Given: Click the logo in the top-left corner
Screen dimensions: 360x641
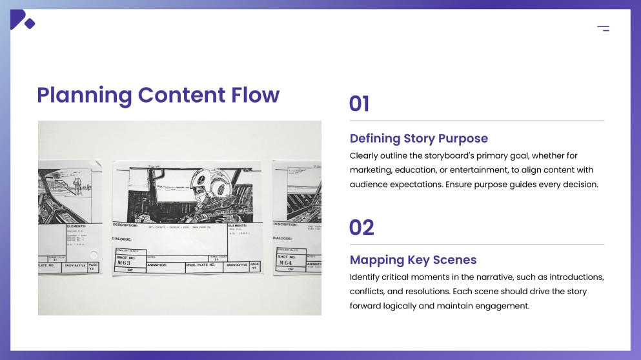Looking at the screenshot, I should (22, 20).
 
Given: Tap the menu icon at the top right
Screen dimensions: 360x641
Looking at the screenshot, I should (603, 28).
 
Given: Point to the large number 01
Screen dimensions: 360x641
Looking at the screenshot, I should (359, 104).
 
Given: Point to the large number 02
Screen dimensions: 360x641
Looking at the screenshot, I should (361, 228).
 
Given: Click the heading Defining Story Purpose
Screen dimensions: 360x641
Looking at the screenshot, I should (418, 138).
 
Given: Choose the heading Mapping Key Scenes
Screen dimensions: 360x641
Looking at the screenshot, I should (413, 260).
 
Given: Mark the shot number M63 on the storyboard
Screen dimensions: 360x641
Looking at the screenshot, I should (124, 263).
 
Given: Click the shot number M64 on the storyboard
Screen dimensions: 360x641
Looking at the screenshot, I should (285, 263).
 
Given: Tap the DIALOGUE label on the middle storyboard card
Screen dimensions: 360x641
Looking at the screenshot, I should (123, 238).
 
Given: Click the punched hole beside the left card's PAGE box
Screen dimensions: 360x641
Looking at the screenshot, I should (94, 254).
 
